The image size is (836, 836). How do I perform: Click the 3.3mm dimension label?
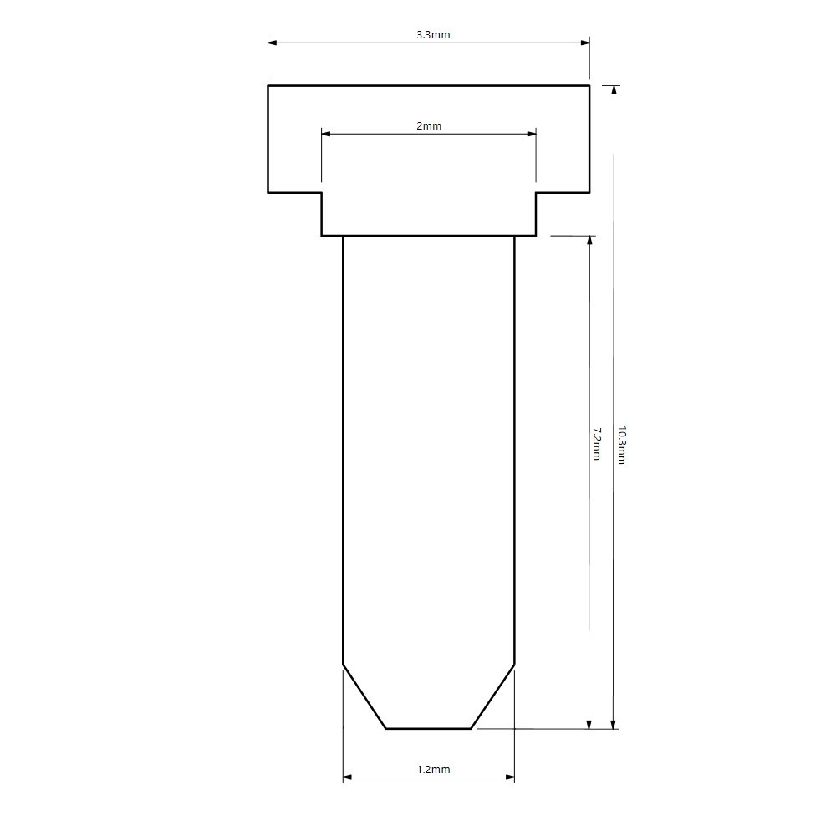click(433, 35)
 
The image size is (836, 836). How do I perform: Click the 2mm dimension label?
click(429, 126)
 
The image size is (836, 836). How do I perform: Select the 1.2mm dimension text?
click(433, 770)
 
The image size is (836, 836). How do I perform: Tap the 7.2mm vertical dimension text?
click(596, 444)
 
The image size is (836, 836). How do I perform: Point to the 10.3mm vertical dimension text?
click(621, 446)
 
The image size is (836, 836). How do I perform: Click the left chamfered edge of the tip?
click(364, 696)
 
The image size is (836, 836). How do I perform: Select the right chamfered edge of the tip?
click(492, 696)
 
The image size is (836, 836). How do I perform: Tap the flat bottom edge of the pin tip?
click(428, 728)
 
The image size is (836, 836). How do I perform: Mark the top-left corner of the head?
click(268, 85)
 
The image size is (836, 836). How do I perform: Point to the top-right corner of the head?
click(589, 85)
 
